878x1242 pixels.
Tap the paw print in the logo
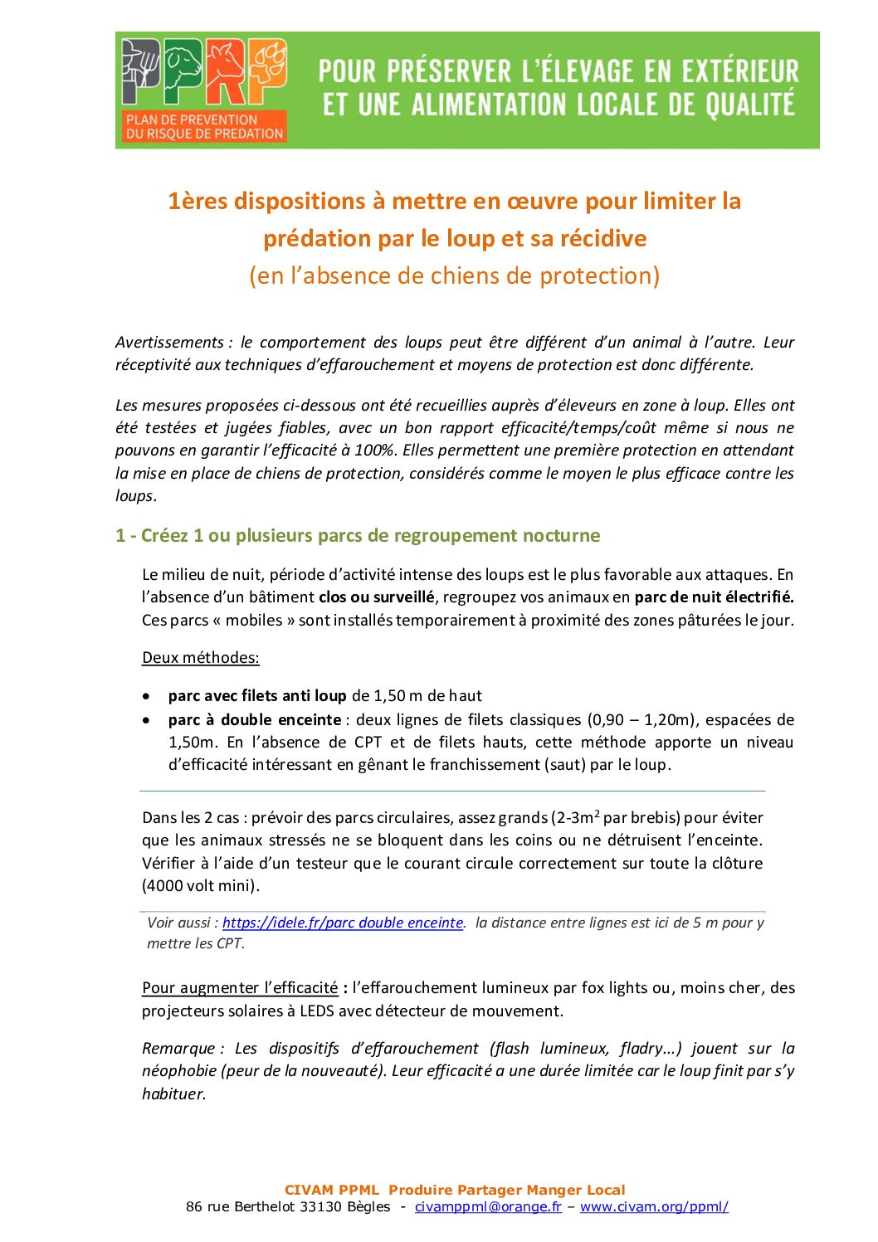267,64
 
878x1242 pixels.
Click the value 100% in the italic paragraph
382,451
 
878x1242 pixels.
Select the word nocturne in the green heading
561,535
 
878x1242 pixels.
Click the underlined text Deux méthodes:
201,657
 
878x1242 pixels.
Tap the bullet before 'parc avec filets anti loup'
147,696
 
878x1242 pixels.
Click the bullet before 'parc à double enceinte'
147,720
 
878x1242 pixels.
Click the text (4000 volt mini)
201,885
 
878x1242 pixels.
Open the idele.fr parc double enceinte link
343,923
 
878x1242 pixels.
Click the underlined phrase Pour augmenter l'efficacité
240,987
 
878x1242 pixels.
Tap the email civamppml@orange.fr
488,1206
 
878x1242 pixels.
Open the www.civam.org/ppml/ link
654,1206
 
